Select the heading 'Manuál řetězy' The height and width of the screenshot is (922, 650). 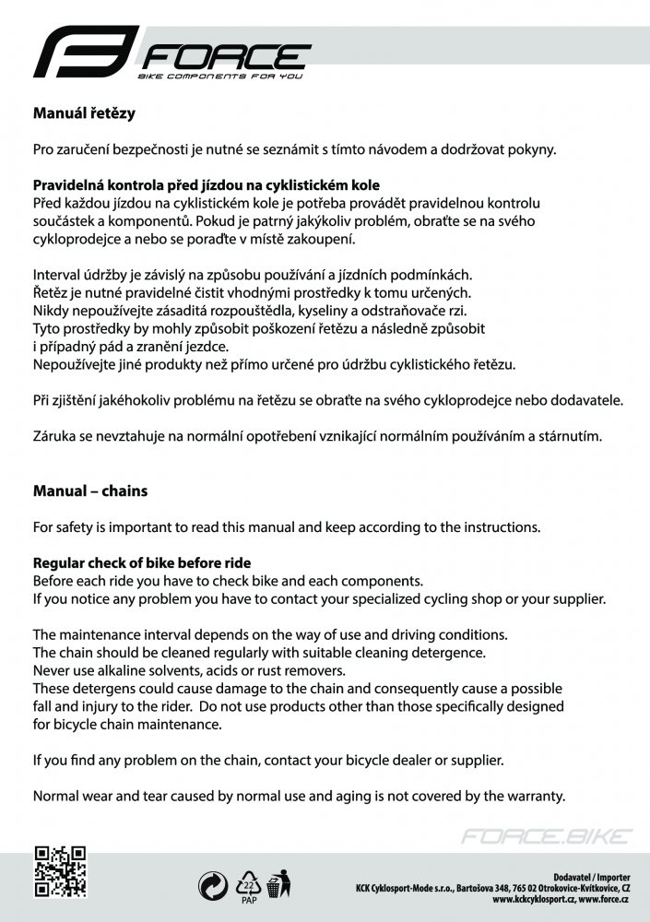point(85,115)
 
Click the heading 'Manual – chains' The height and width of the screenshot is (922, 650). point(90,491)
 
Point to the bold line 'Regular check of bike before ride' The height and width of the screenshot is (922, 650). point(142,563)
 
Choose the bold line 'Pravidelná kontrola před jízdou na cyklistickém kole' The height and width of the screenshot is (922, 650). point(207,185)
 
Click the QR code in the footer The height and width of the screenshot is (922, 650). point(60,871)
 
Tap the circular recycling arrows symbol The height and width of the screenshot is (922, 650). point(213,886)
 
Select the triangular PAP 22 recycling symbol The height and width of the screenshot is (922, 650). point(248,883)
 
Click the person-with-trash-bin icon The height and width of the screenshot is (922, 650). point(278,886)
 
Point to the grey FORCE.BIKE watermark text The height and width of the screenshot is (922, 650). point(547,837)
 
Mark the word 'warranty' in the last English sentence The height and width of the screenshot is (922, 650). point(533,796)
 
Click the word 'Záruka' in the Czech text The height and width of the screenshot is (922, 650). point(54,436)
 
